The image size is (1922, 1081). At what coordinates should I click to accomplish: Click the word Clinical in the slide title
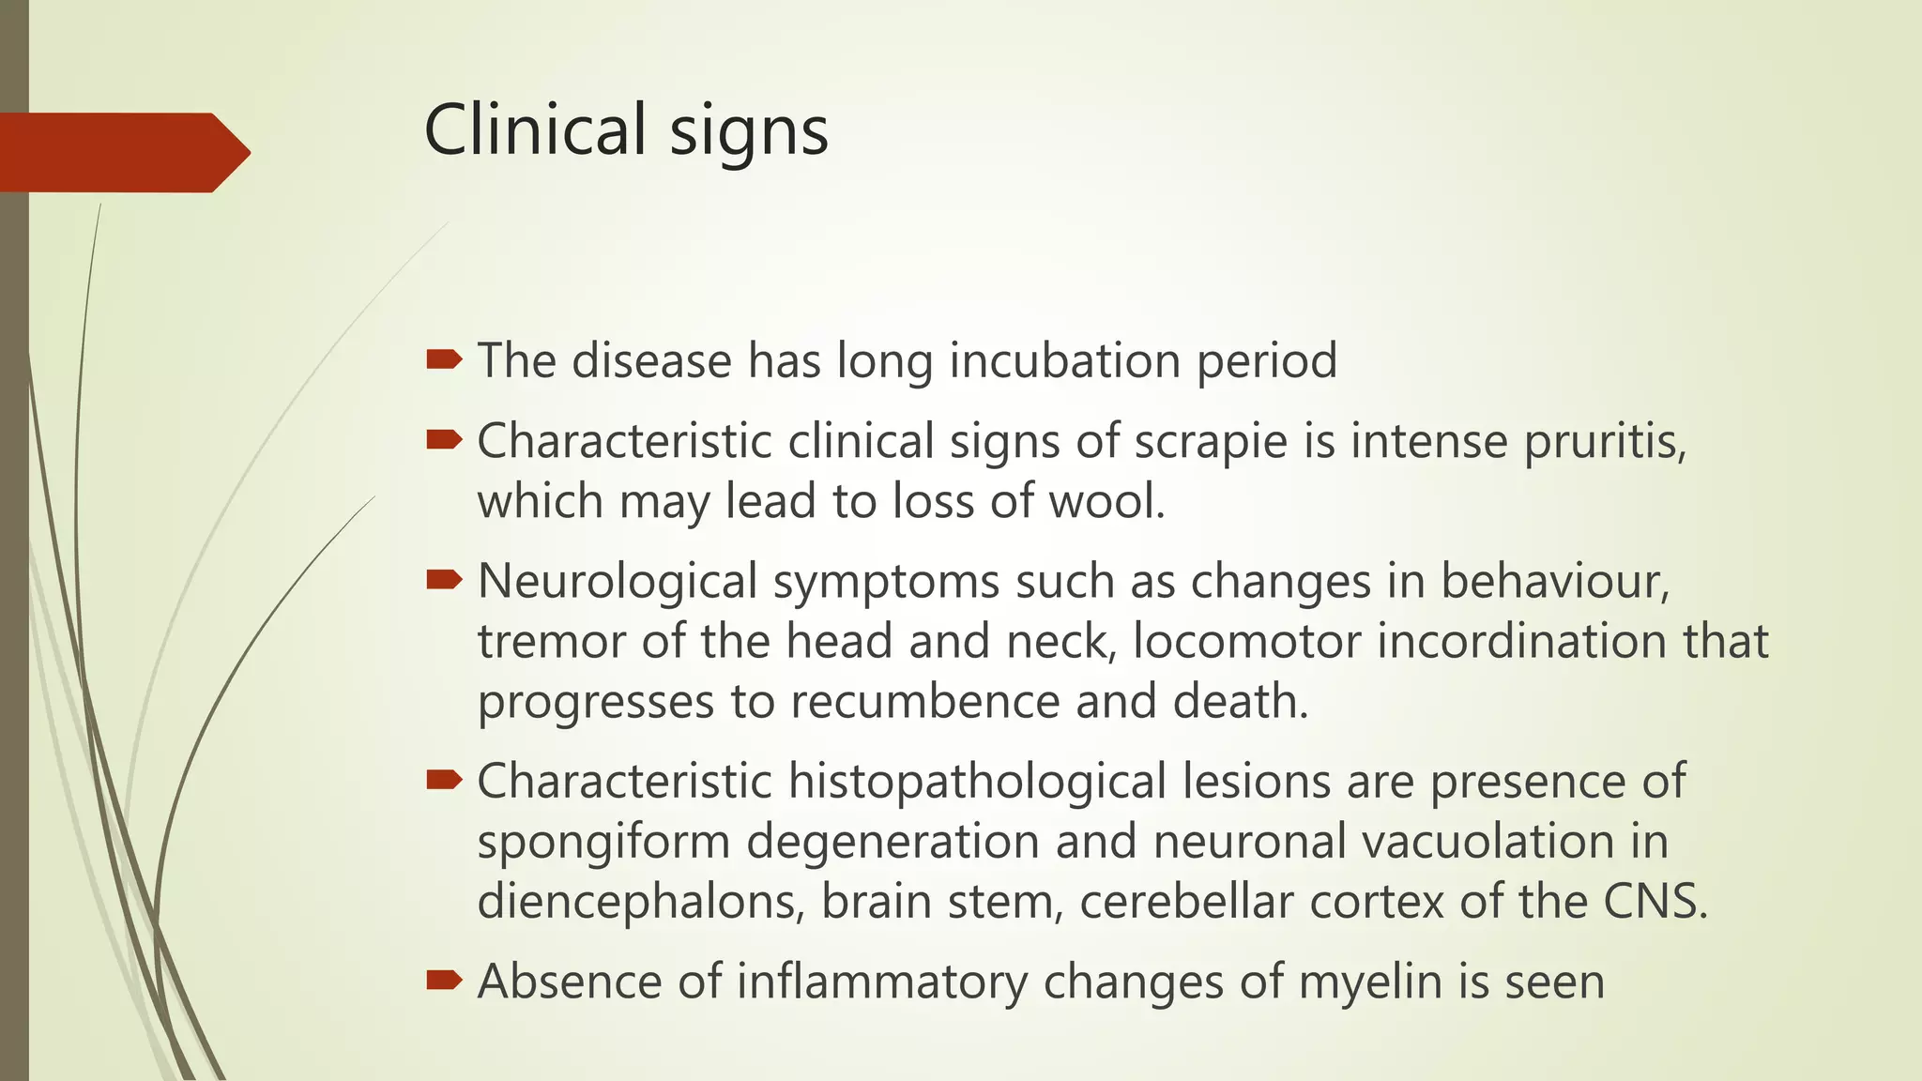[x=535, y=129]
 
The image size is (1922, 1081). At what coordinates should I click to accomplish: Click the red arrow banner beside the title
[x=122, y=152]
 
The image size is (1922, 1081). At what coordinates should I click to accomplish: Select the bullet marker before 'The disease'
[x=444, y=359]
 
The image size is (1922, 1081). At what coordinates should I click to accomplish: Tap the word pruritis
[x=1604, y=442]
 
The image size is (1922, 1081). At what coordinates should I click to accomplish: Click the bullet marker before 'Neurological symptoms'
[x=444, y=580]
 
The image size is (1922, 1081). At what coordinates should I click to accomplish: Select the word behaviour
[x=1554, y=582]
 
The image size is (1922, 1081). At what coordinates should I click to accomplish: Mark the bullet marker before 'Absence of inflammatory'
[x=444, y=981]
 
